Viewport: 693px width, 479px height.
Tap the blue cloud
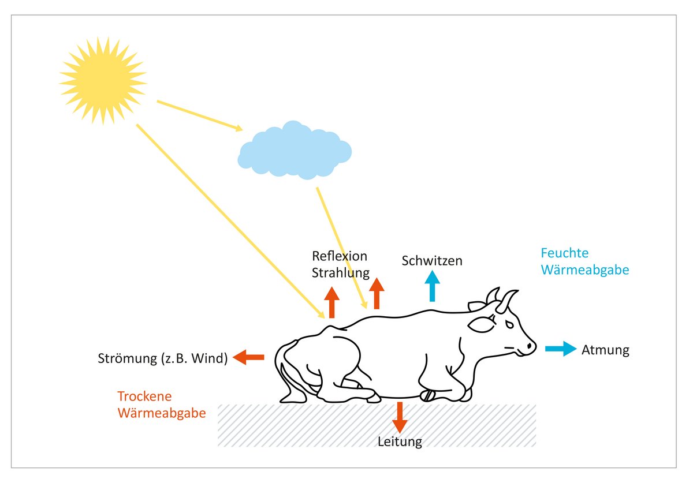click(x=295, y=151)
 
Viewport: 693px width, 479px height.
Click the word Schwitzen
click(x=432, y=261)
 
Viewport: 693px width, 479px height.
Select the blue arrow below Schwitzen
click(x=432, y=286)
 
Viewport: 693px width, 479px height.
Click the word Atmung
click(x=605, y=349)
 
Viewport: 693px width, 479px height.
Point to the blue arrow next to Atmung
click(x=561, y=349)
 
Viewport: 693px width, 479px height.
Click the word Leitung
click(x=400, y=443)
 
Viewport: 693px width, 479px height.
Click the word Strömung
click(x=126, y=359)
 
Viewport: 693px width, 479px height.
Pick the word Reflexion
click(x=340, y=256)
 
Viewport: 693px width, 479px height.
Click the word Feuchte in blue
click(x=564, y=253)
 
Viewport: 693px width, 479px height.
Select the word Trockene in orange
click(x=146, y=397)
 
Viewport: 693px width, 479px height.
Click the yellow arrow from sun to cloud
click(x=199, y=115)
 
